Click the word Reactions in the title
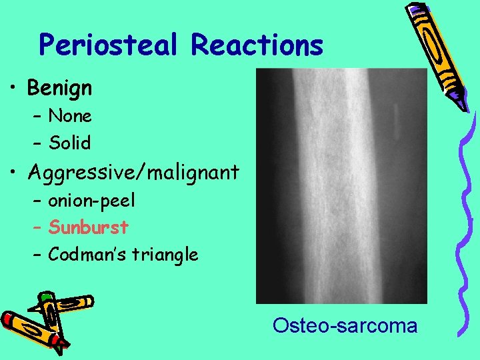(257, 45)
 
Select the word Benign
(60, 87)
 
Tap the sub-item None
(70, 116)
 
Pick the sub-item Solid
(70, 143)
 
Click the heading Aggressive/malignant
(133, 173)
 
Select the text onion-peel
(91, 200)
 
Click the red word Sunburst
(89, 227)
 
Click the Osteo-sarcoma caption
(345, 326)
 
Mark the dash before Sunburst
(37, 228)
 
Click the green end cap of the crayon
(45, 295)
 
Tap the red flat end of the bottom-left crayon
(8, 319)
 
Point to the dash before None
(37, 117)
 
